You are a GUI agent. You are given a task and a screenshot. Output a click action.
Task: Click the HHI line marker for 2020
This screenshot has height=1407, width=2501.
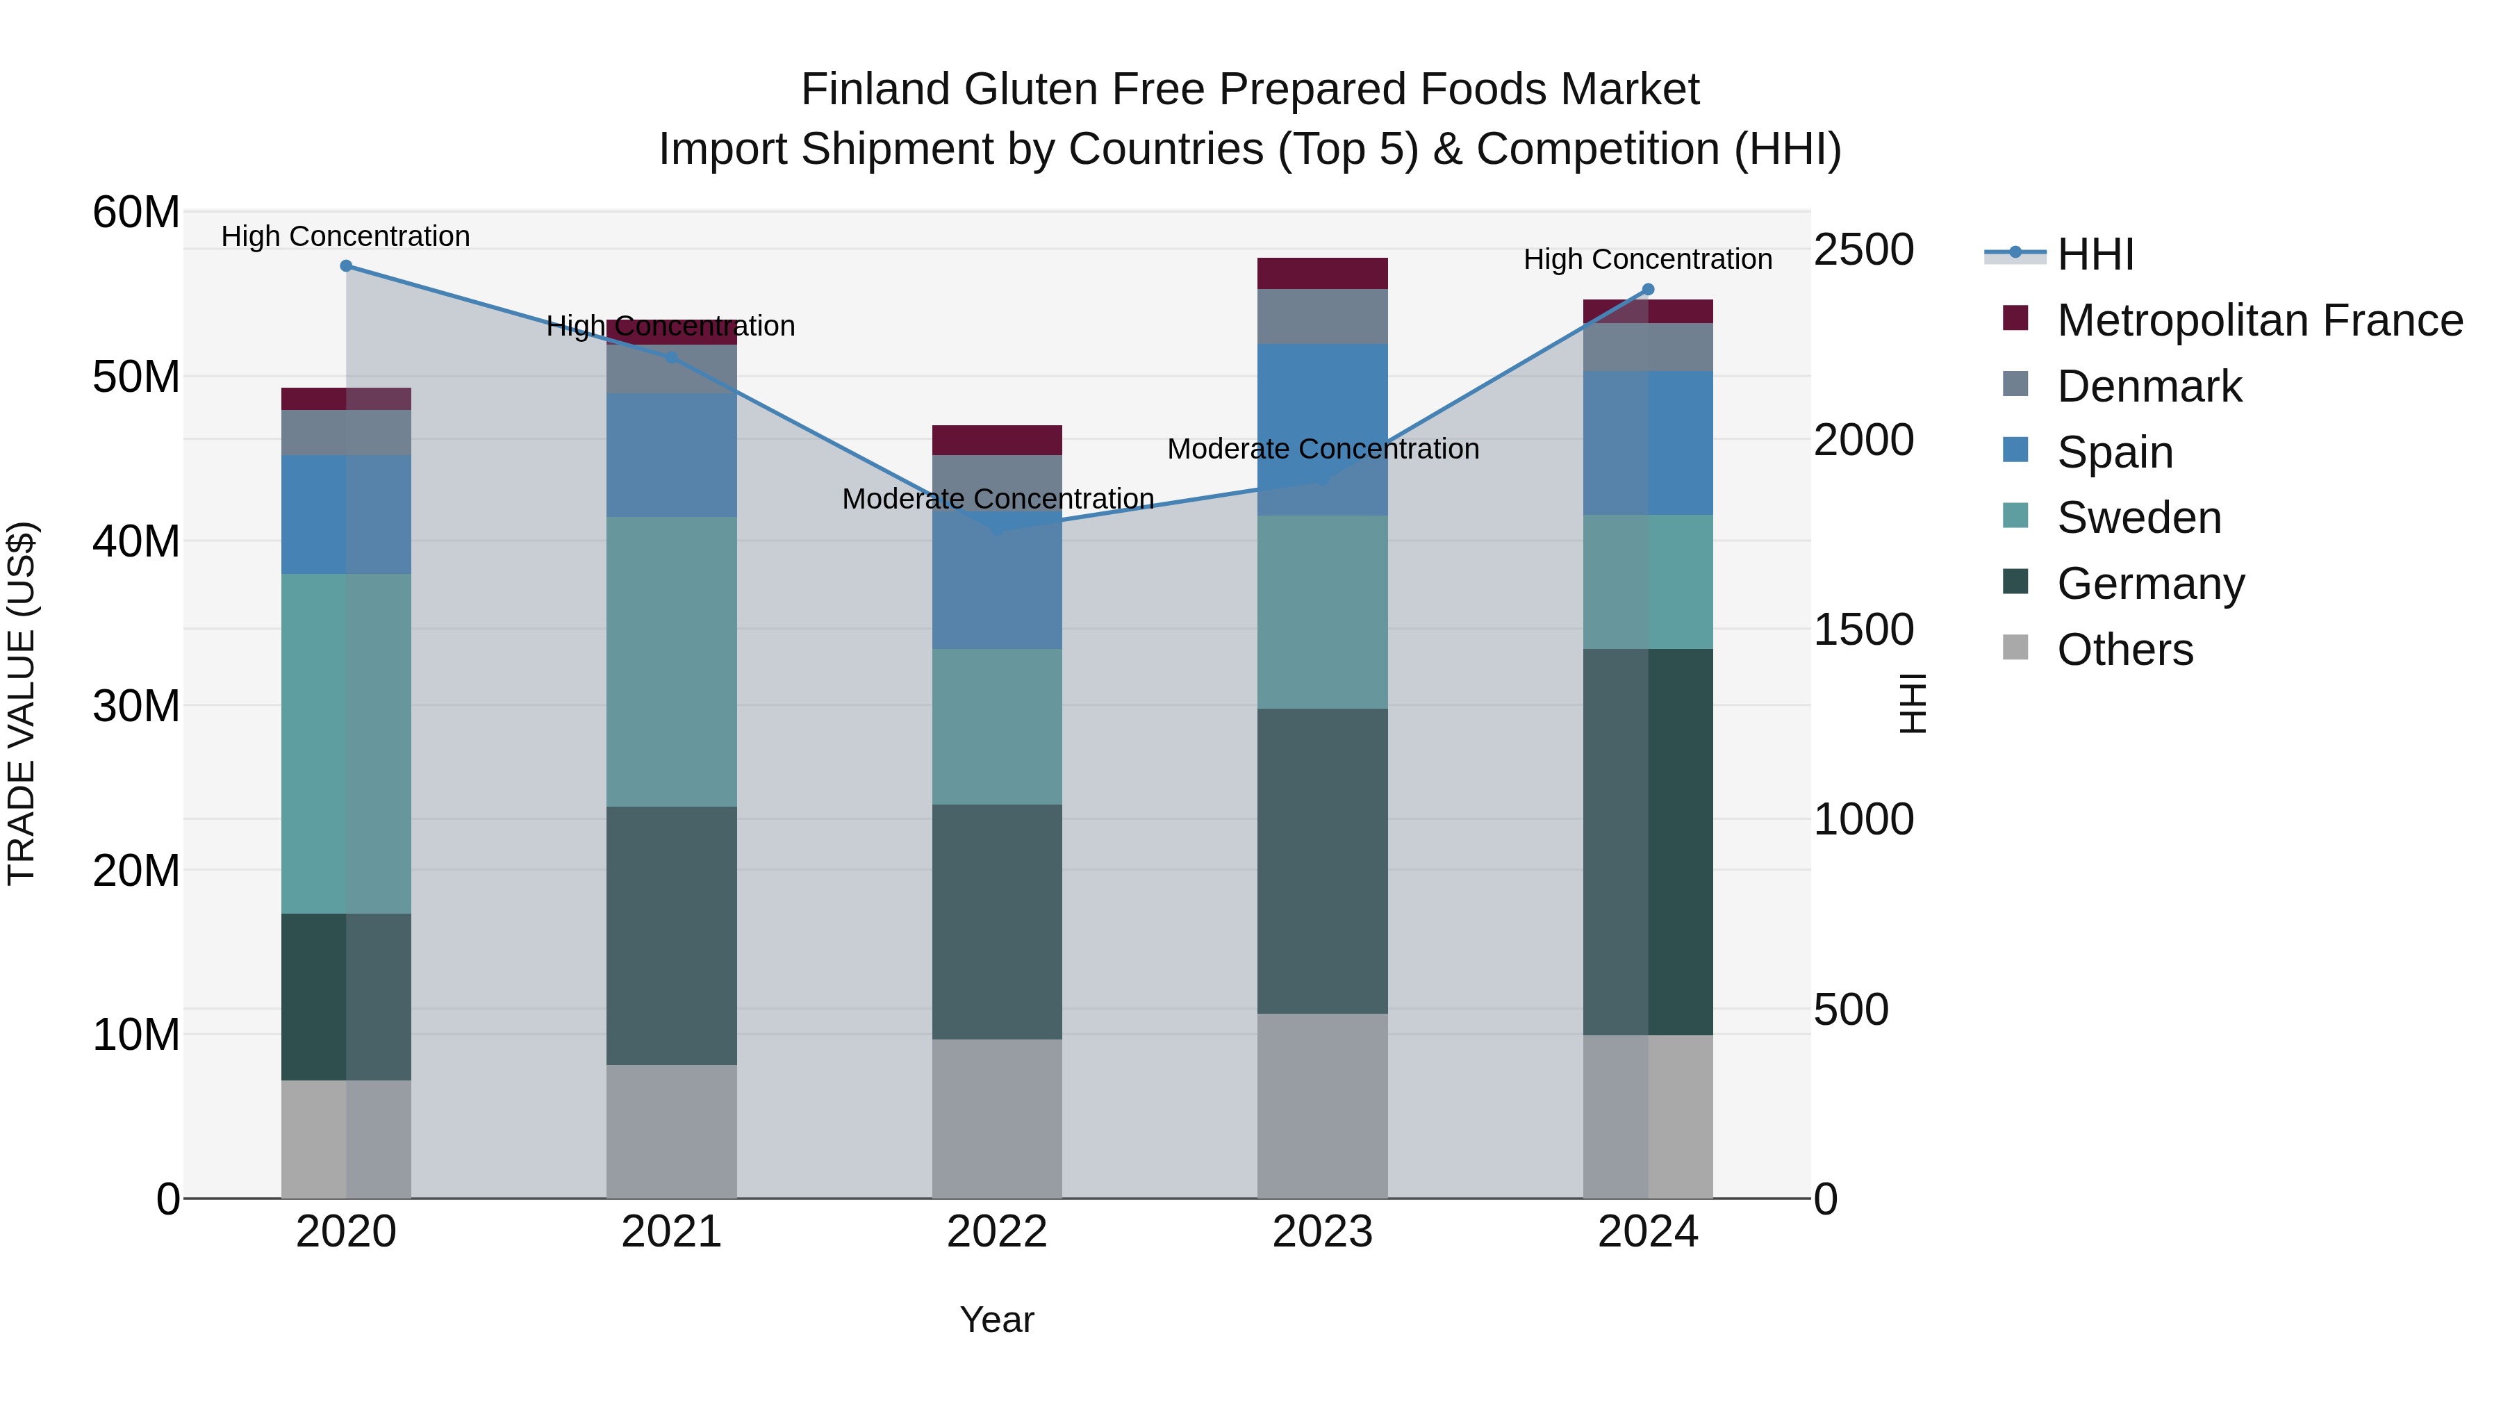click(346, 266)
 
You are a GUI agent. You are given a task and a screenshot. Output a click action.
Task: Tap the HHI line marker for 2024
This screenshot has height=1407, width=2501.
click(1648, 289)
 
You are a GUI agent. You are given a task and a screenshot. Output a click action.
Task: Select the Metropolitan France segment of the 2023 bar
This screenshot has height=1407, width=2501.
click(1322, 273)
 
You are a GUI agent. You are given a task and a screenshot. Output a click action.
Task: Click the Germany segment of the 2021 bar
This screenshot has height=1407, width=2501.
click(671, 935)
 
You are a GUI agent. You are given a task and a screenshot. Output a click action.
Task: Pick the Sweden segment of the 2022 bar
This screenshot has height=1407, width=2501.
click(997, 726)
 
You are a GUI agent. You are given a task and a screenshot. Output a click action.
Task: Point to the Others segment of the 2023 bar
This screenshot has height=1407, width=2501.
click(1322, 1106)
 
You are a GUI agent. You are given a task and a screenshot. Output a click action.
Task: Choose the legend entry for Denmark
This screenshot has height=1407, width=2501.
click(2149, 386)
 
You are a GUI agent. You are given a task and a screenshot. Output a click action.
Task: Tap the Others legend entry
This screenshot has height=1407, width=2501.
click(2124, 650)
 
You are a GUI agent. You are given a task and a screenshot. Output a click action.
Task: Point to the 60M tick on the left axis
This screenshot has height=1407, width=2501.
click(136, 212)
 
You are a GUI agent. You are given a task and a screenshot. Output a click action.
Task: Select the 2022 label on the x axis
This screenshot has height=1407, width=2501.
click(997, 1232)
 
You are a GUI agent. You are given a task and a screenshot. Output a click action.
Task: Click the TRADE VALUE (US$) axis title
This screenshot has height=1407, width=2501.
click(22, 703)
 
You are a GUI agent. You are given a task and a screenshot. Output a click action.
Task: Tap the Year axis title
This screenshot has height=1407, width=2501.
click(997, 1319)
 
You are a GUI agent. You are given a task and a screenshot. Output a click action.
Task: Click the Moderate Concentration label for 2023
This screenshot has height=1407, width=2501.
click(1322, 449)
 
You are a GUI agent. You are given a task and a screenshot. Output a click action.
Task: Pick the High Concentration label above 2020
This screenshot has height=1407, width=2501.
click(346, 236)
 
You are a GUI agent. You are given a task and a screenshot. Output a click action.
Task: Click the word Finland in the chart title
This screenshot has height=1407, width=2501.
click(876, 90)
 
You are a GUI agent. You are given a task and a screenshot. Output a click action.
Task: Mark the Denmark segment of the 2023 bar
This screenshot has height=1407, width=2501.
click(1322, 317)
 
